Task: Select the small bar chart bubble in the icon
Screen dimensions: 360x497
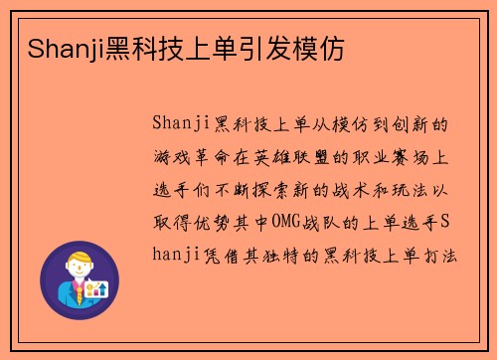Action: click(97, 288)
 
